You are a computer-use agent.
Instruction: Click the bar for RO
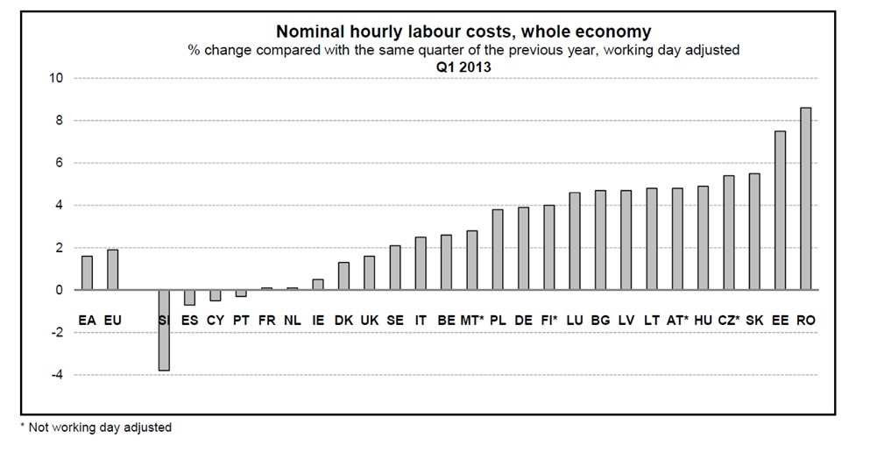[x=805, y=199]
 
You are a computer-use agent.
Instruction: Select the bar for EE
[x=780, y=210]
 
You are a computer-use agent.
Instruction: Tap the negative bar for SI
[x=164, y=330]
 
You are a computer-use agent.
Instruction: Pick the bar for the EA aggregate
[x=87, y=272]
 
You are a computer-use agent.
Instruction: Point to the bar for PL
[x=498, y=250]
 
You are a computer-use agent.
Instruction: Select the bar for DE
[x=523, y=249]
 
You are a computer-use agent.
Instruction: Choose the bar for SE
[x=395, y=267]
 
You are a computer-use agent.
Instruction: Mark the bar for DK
[x=343, y=276]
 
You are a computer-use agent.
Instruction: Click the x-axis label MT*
[x=472, y=321]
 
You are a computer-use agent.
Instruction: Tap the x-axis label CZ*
[x=729, y=321]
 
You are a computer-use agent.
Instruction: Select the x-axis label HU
[x=703, y=321]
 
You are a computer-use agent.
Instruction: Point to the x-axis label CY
[x=216, y=321]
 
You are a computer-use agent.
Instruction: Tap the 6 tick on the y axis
[x=60, y=163]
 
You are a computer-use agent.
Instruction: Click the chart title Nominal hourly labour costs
[x=463, y=32]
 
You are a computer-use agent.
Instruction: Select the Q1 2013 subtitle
[x=463, y=66]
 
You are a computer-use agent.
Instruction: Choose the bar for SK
[x=754, y=231]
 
